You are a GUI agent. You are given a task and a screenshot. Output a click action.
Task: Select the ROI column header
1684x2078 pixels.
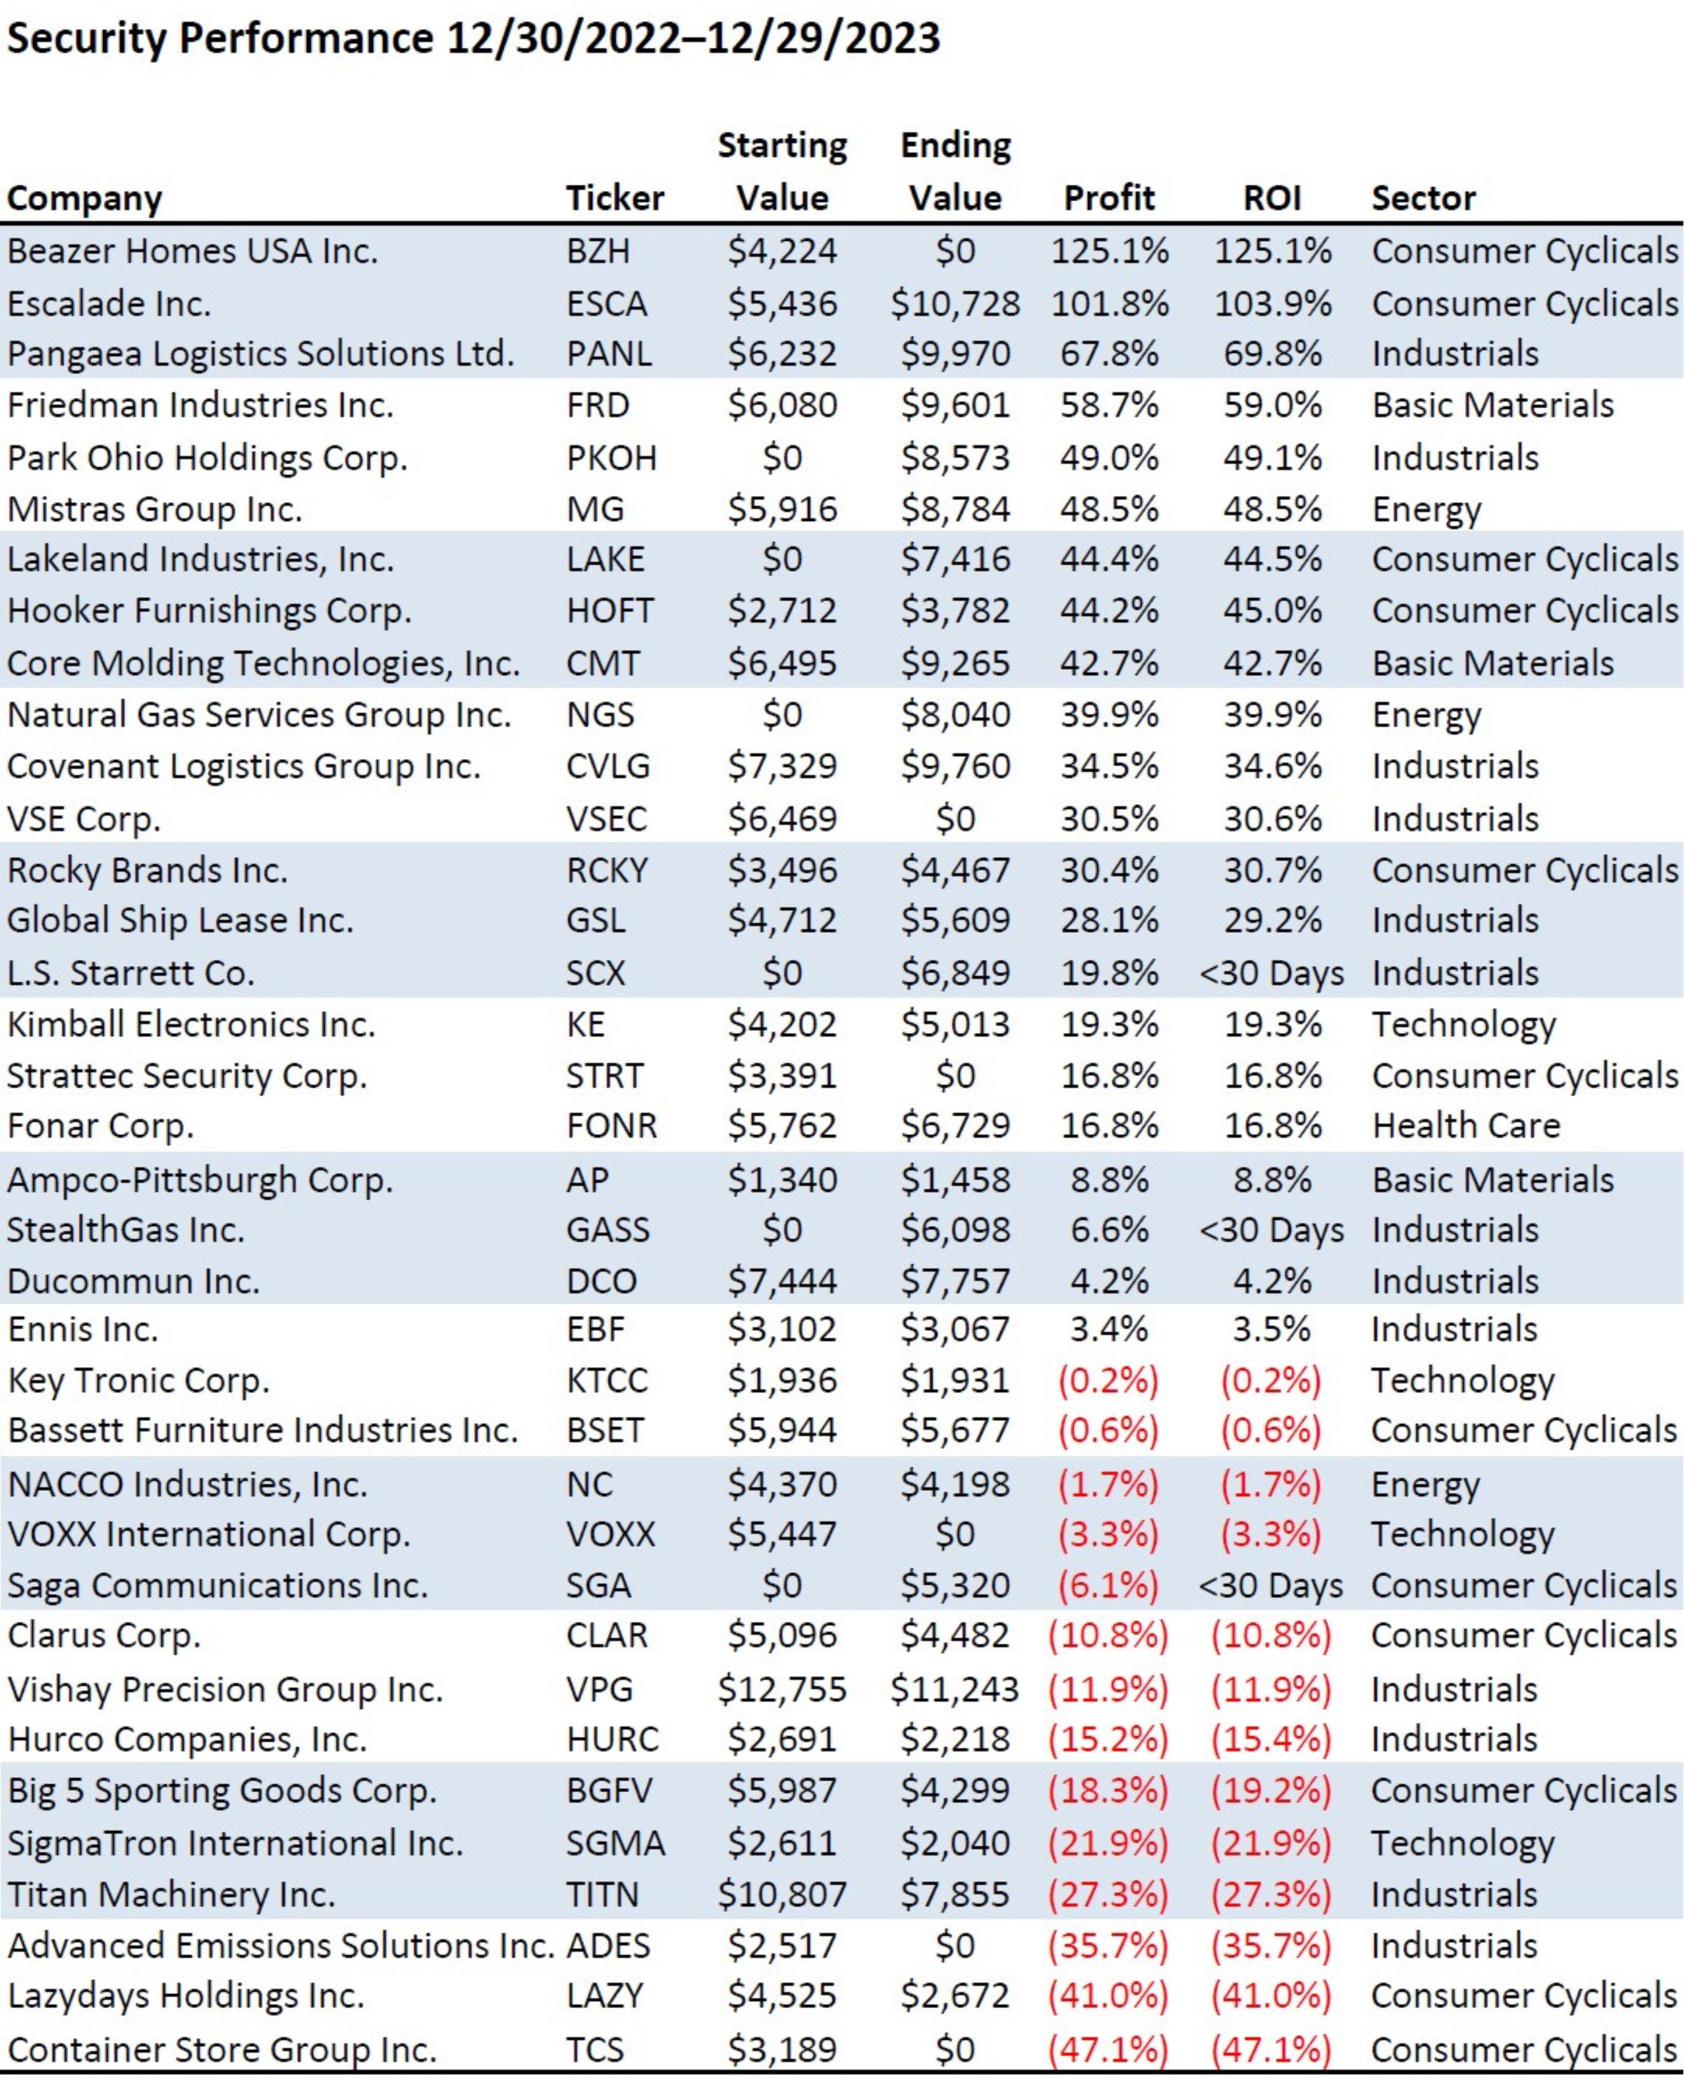[x=1271, y=198]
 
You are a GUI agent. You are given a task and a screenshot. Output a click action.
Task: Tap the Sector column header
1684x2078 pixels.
[x=1422, y=198]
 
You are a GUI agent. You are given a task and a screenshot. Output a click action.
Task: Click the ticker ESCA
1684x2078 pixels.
[x=606, y=304]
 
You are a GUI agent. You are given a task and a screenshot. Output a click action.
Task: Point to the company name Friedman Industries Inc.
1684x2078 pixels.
[x=200, y=404]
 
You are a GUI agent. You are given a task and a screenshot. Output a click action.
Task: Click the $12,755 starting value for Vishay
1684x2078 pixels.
[x=782, y=1689]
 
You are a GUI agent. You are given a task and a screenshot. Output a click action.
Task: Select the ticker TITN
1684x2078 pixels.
[x=602, y=1894]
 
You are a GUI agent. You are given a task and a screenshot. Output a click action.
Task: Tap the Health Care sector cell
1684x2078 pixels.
[x=1466, y=1125]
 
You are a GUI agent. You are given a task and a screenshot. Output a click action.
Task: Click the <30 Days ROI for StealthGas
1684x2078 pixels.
[x=1271, y=1230]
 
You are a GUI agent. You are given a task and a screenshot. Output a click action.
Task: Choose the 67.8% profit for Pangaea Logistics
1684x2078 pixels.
[x=1108, y=353]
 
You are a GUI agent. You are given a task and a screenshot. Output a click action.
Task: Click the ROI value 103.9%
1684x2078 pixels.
[x=1271, y=304]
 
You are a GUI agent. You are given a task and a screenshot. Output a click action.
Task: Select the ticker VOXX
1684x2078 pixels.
[x=610, y=1534]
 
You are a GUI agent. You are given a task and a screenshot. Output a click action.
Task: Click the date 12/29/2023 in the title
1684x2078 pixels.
[x=824, y=39]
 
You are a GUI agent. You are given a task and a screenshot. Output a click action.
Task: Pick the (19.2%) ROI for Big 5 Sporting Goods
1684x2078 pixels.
[x=1271, y=1790]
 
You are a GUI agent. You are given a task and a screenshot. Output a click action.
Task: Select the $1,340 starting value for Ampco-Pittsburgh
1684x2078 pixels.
[x=782, y=1179]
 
